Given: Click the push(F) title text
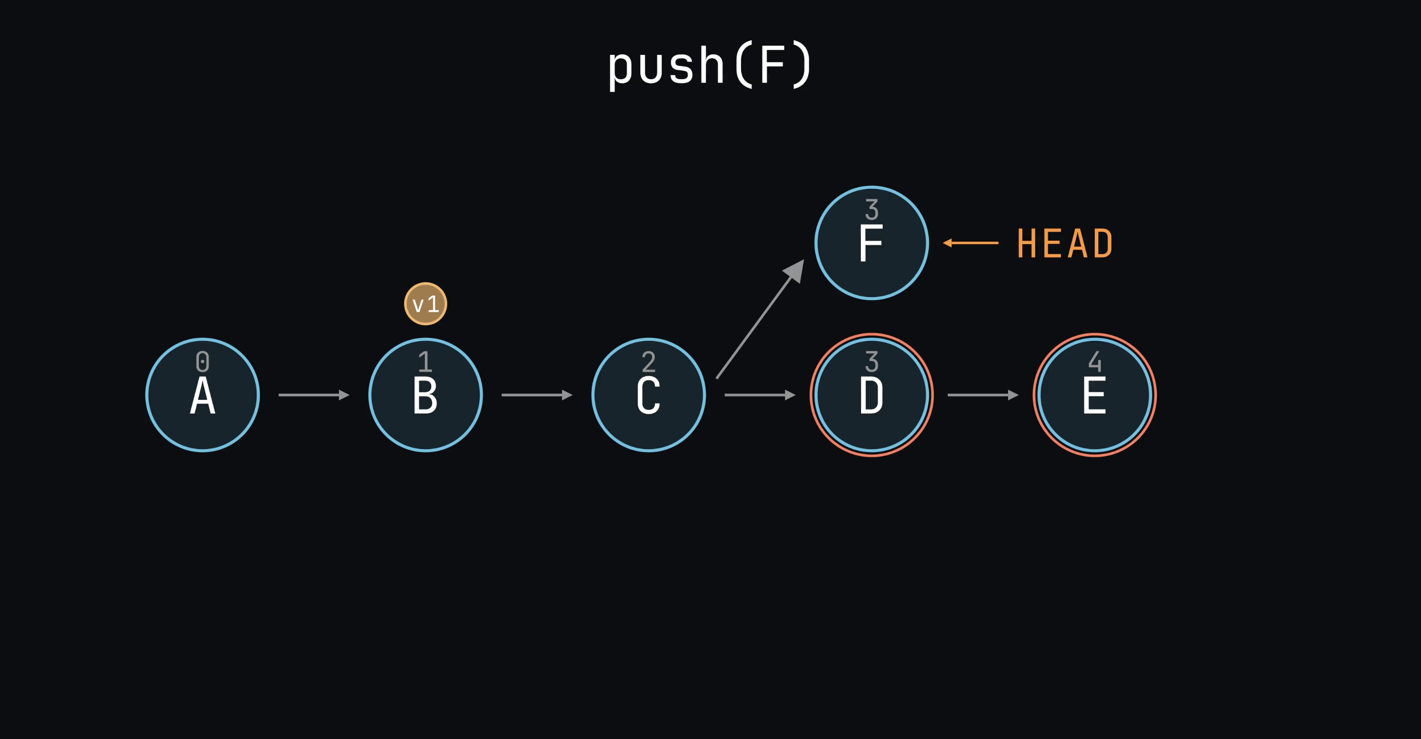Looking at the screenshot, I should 710,66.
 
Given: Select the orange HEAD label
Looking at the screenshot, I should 1065,243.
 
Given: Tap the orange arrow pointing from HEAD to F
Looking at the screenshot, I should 971,243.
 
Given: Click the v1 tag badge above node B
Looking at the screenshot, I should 425,304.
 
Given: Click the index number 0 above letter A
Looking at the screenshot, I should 203,362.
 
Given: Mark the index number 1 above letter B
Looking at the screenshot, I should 425,362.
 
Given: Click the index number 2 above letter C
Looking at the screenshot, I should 649,362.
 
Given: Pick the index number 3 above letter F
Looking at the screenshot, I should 872,210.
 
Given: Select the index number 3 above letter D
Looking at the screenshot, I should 872,362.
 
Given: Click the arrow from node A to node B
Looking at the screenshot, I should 314,395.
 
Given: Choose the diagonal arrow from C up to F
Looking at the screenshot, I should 760,319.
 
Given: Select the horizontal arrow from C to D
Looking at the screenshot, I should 760,395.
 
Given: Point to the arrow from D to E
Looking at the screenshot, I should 982,395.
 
